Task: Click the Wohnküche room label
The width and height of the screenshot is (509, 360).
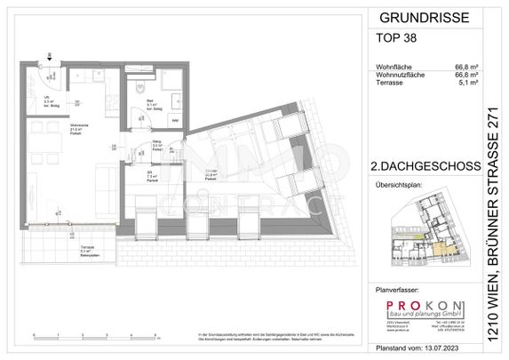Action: pos(54,127)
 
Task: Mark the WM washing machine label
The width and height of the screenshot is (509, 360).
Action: pos(174,119)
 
